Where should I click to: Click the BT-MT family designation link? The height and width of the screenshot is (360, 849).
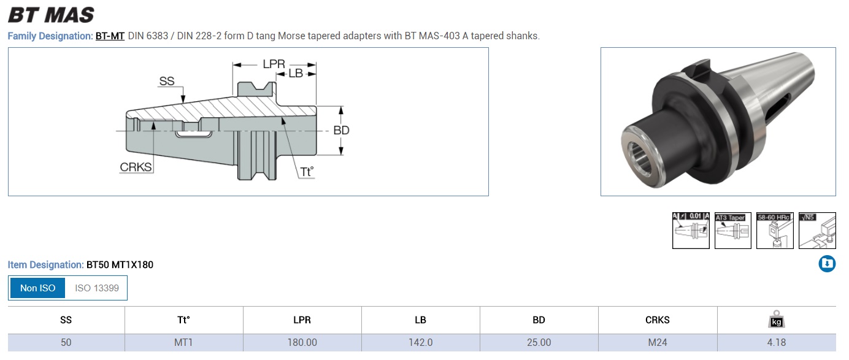tap(110, 36)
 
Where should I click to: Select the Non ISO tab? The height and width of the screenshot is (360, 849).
tap(37, 288)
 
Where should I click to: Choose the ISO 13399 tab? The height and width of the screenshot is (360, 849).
tap(97, 288)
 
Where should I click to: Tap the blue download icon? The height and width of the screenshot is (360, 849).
tap(827, 264)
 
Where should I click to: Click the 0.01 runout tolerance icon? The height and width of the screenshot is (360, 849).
tap(691, 231)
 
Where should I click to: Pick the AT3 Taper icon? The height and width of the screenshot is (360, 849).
tap(732, 231)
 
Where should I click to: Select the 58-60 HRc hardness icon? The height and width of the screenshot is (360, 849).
tap(775, 231)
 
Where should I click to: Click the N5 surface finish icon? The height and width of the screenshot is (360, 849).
tap(817, 231)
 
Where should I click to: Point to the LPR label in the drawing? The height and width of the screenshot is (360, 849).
tap(274, 64)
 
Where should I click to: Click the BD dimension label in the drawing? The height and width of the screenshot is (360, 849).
tap(341, 131)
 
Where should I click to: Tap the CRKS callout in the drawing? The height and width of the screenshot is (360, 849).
tap(136, 167)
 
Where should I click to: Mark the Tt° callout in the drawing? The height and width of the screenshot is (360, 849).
tap(307, 172)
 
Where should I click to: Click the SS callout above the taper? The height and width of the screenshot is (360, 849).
tap(167, 81)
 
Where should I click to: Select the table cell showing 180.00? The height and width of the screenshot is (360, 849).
tap(302, 343)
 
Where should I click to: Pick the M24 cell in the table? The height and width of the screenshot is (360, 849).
tap(658, 343)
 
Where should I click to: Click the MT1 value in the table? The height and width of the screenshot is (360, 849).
tap(183, 343)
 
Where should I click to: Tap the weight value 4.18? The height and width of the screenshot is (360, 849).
tap(777, 343)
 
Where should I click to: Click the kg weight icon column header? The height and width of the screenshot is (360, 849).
tap(777, 319)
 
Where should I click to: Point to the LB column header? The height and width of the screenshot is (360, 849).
tap(420, 320)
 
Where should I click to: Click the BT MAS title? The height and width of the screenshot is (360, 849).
tap(51, 15)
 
